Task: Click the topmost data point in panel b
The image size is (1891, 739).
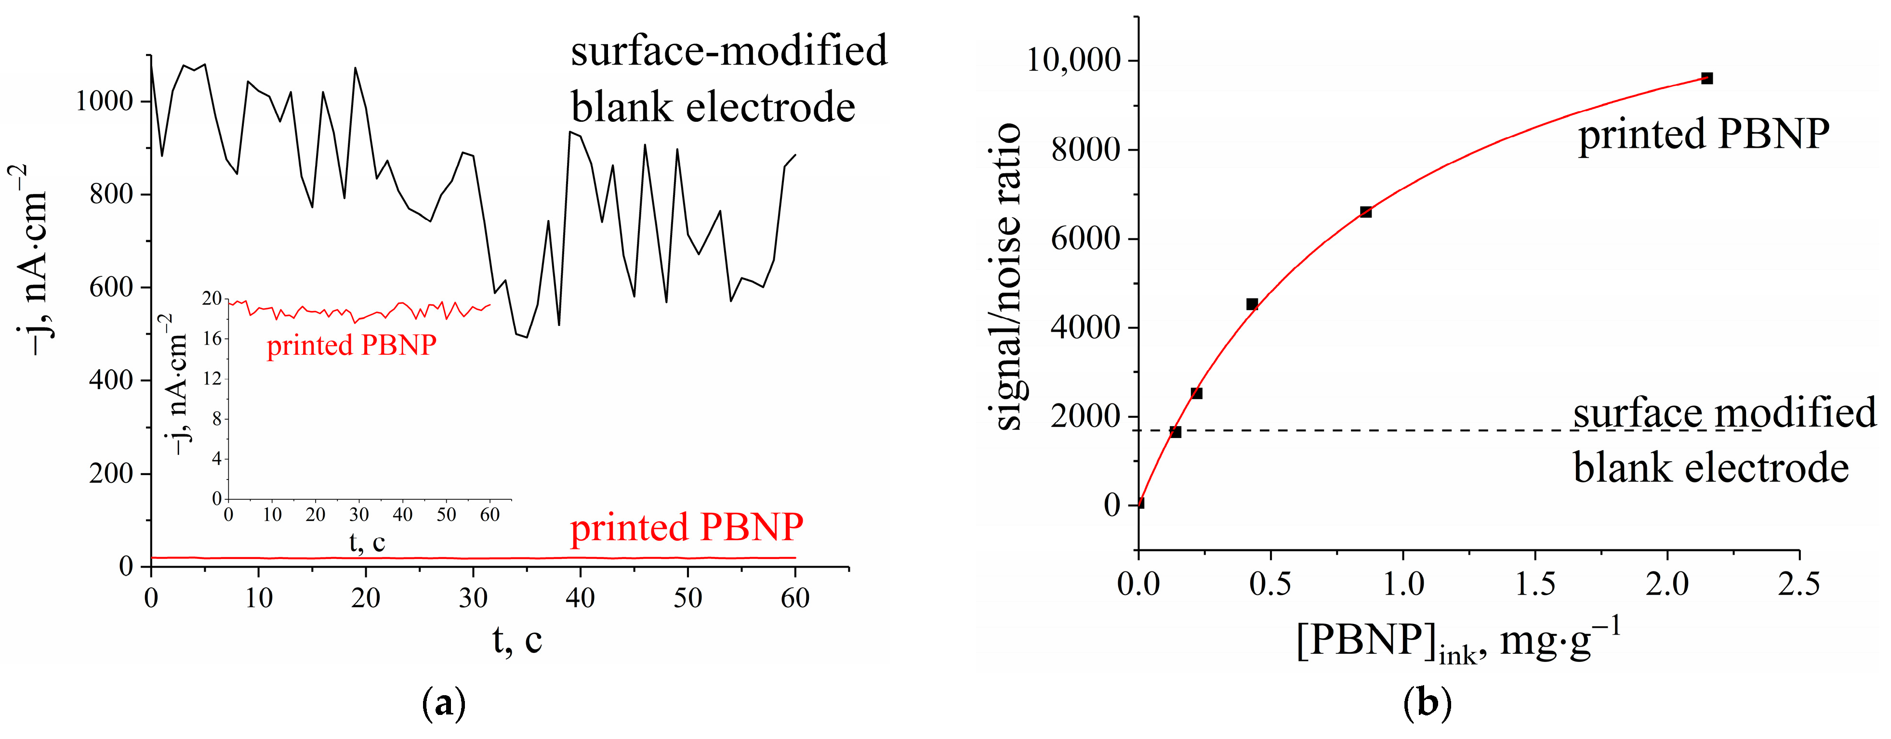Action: (1707, 78)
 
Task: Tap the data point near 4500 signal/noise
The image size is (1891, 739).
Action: (1252, 304)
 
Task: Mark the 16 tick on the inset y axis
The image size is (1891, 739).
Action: (212, 338)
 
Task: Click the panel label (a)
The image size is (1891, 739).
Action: (444, 704)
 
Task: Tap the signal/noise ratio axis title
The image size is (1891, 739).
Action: (1009, 277)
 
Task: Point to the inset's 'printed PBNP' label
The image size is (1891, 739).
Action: (352, 345)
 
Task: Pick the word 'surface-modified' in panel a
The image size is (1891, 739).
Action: (729, 52)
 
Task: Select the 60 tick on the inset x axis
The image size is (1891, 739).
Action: (489, 515)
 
